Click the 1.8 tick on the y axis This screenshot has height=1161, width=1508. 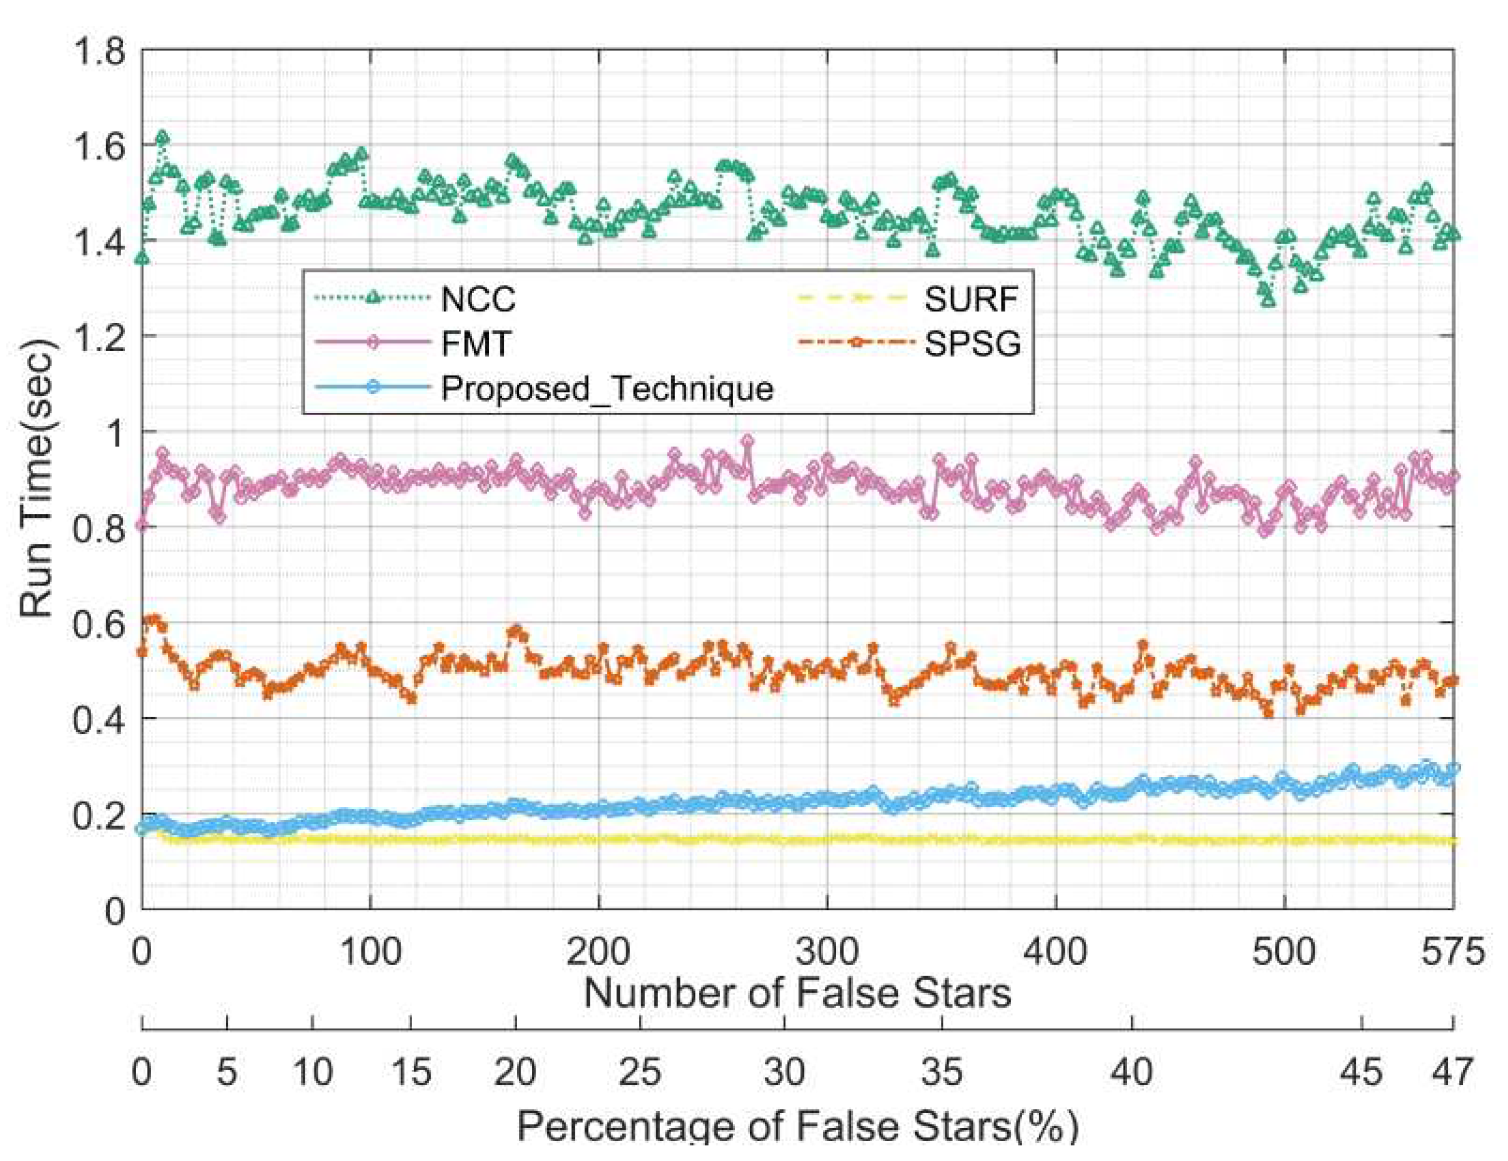pos(100,52)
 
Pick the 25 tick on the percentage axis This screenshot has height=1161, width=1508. pos(641,1073)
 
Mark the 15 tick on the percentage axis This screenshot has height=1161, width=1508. pos(411,1073)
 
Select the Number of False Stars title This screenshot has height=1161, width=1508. pos(798,993)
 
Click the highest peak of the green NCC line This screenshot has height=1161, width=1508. pos(163,137)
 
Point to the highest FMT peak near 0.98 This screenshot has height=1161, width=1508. pos(748,440)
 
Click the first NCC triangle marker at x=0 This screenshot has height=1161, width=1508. pos(142,257)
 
